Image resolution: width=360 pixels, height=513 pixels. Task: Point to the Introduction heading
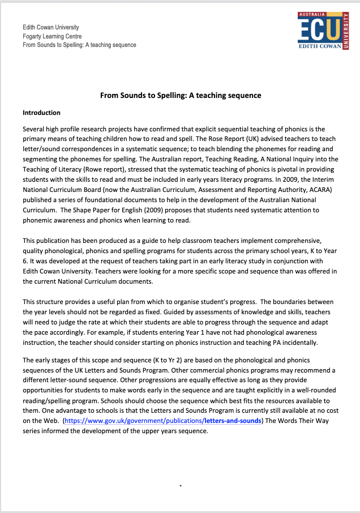pyautogui.click(x=41, y=113)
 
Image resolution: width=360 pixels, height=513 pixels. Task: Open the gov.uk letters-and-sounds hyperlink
pyautogui.click(x=164, y=421)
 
